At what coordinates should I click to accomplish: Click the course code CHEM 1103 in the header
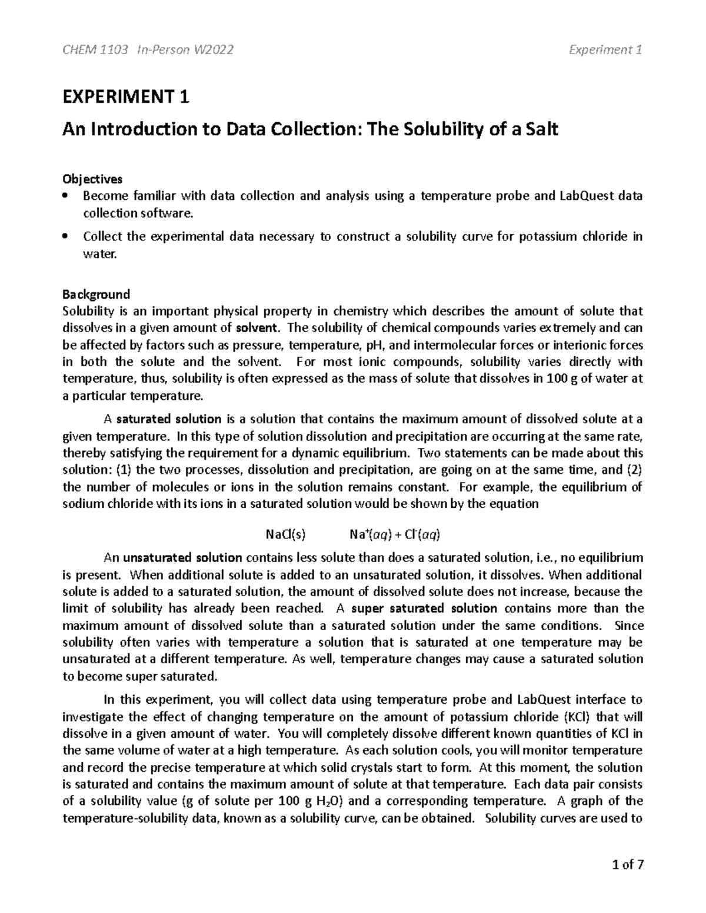click(95, 50)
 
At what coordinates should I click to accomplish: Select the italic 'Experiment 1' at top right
click(605, 50)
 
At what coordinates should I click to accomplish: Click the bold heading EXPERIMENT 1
click(126, 97)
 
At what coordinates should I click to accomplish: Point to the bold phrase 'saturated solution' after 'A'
click(169, 419)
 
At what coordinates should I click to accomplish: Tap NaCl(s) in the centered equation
click(287, 534)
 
